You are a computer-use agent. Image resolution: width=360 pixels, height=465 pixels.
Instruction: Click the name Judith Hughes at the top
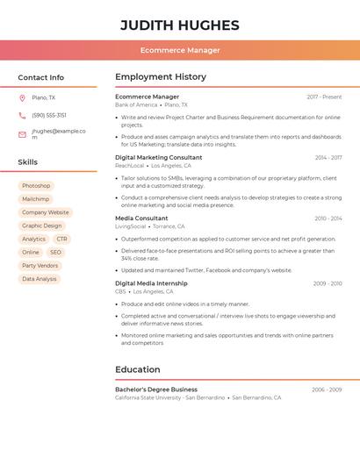pyautogui.click(x=180, y=25)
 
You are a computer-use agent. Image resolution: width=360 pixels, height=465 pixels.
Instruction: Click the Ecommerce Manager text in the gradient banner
pyautogui.click(x=180, y=50)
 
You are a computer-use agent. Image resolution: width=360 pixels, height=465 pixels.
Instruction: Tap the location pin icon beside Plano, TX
pyautogui.click(x=22, y=98)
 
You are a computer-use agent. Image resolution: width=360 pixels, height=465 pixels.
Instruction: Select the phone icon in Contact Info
pyautogui.click(x=22, y=115)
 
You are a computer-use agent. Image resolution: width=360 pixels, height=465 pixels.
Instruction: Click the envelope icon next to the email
pyautogui.click(x=22, y=134)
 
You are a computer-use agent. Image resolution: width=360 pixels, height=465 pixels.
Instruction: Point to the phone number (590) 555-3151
pyautogui.click(x=49, y=115)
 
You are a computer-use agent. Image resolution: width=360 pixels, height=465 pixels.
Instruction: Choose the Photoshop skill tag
pyautogui.click(x=36, y=186)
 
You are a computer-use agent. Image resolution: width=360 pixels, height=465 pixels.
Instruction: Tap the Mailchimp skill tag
pyautogui.click(x=36, y=199)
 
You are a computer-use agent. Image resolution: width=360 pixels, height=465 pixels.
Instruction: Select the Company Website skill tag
pyautogui.click(x=46, y=212)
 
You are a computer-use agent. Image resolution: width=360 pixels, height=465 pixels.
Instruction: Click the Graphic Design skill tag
pyautogui.click(x=42, y=225)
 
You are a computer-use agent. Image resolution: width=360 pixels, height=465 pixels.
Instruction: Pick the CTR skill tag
pyautogui.click(x=61, y=239)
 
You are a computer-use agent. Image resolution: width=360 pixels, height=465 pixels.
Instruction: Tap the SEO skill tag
pyautogui.click(x=56, y=252)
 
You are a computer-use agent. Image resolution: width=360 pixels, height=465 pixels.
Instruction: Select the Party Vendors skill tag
pyautogui.click(x=40, y=265)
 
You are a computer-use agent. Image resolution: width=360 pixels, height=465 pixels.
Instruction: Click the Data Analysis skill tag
pyautogui.click(x=40, y=279)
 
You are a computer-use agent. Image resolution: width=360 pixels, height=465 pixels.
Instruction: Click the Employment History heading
pyautogui.click(x=161, y=77)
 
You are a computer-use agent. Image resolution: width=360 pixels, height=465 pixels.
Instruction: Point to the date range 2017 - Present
pyautogui.click(x=324, y=97)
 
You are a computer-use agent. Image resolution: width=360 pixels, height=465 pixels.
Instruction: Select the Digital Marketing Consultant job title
pyautogui.click(x=159, y=157)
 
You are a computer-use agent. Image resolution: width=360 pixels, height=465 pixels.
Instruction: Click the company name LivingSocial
pyautogui.click(x=131, y=226)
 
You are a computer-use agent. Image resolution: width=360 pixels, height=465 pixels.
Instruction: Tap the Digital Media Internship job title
pyautogui.click(x=151, y=283)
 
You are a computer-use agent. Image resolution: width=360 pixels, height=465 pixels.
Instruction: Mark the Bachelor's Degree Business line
pyautogui.click(x=156, y=389)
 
